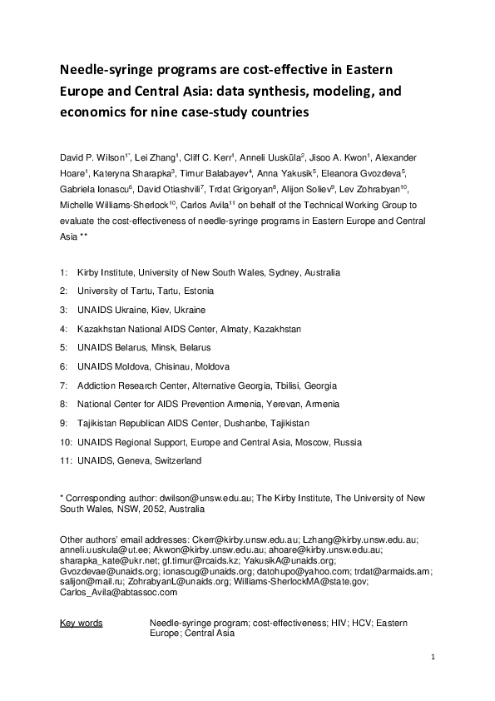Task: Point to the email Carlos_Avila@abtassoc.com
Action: [x=118, y=592]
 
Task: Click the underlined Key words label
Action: [x=82, y=623]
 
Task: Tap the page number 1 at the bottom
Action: [x=433, y=658]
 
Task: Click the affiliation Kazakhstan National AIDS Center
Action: [x=149, y=329]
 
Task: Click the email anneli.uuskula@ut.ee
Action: [x=101, y=550]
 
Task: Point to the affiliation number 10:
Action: [x=66, y=442]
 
